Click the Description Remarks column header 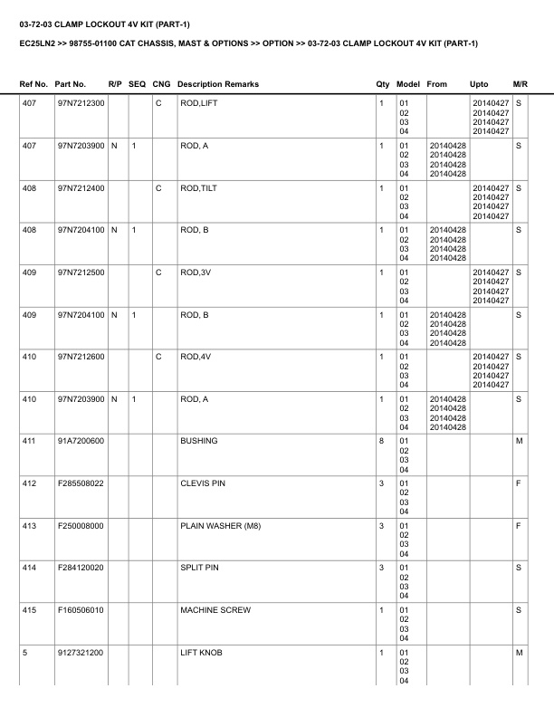(x=217, y=84)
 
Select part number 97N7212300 (x=81, y=103)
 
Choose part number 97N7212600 (x=81, y=357)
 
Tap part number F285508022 (x=81, y=483)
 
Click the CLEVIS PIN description (x=203, y=483)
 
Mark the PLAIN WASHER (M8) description (x=215, y=526)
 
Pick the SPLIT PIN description (x=200, y=568)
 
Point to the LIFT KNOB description (x=201, y=652)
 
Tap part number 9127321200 (x=81, y=652)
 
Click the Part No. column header (x=72, y=84)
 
